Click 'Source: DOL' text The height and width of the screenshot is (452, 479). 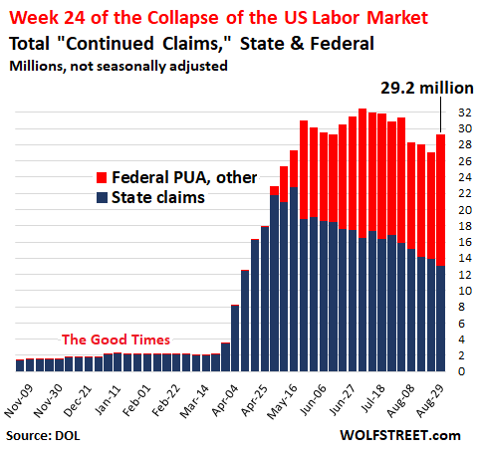45,436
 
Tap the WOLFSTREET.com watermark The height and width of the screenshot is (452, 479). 398,435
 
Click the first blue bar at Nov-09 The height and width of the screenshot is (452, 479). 21,364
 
